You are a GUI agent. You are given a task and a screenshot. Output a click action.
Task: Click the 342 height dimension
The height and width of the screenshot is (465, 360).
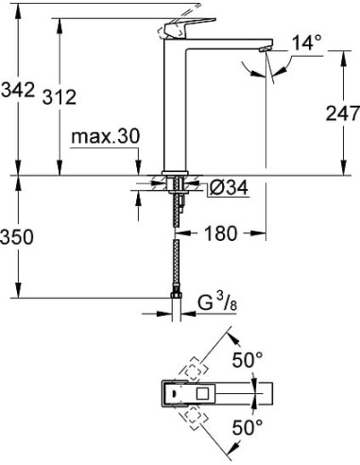click(x=18, y=90)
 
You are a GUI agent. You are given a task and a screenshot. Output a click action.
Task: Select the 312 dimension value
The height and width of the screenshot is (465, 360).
click(x=73, y=96)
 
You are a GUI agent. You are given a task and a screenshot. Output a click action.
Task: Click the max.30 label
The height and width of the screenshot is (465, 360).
click(x=104, y=137)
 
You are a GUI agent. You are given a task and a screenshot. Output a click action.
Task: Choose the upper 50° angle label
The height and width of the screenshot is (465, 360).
click(x=249, y=360)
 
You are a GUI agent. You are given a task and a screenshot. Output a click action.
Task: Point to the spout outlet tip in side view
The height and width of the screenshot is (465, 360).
click(x=266, y=48)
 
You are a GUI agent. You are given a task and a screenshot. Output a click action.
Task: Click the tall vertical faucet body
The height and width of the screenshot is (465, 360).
click(x=177, y=104)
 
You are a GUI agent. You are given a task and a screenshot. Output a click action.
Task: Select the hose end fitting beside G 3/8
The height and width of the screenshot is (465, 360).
click(x=175, y=304)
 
